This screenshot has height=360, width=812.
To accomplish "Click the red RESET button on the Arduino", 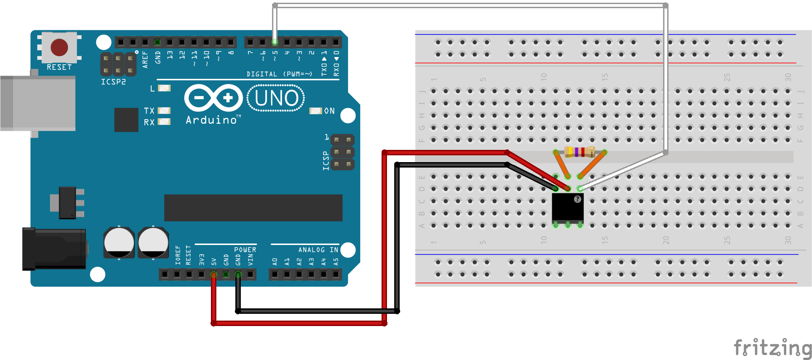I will pyautogui.click(x=59, y=47).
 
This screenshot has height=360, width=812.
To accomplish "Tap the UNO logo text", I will pyautogui.click(x=276, y=98).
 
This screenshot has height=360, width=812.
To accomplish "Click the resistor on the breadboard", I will pyautogui.click(x=580, y=152).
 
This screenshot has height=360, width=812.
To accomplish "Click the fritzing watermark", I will pyautogui.click(x=772, y=348).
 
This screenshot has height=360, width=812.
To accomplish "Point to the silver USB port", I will pyautogui.click(x=38, y=103).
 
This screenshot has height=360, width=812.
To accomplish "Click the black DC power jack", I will pyautogui.click(x=54, y=249).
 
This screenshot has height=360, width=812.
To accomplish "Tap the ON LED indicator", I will pyautogui.click(x=315, y=111).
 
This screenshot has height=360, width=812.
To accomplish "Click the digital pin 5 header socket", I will pyautogui.click(x=275, y=42).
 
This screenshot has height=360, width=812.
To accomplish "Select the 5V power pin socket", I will pyautogui.click(x=214, y=274).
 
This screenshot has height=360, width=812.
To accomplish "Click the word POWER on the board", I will pyautogui.click(x=245, y=250).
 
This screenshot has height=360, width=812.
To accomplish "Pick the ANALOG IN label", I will pyautogui.click(x=318, y=250).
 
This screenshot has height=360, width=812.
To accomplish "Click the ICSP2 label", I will pyautogui.click(x=113, y=82).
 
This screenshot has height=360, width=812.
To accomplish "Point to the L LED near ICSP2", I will pyautogui.click(x=164, y=88).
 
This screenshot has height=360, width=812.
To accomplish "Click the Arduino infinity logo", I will pyautogui.click(x=214, y=98).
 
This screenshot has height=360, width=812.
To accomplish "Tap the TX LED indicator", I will pyautogui.click(x=164, y=110).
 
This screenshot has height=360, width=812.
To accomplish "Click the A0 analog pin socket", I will pyautogui.click(x=275, y=274).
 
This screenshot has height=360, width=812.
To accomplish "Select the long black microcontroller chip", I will pyautogui.click(x=253, y=208).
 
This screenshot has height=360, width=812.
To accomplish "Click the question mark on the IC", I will pyautogui.click(x=578, y=199).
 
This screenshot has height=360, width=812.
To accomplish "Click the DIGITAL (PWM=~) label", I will pyautogui.click(x=279, y=74).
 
